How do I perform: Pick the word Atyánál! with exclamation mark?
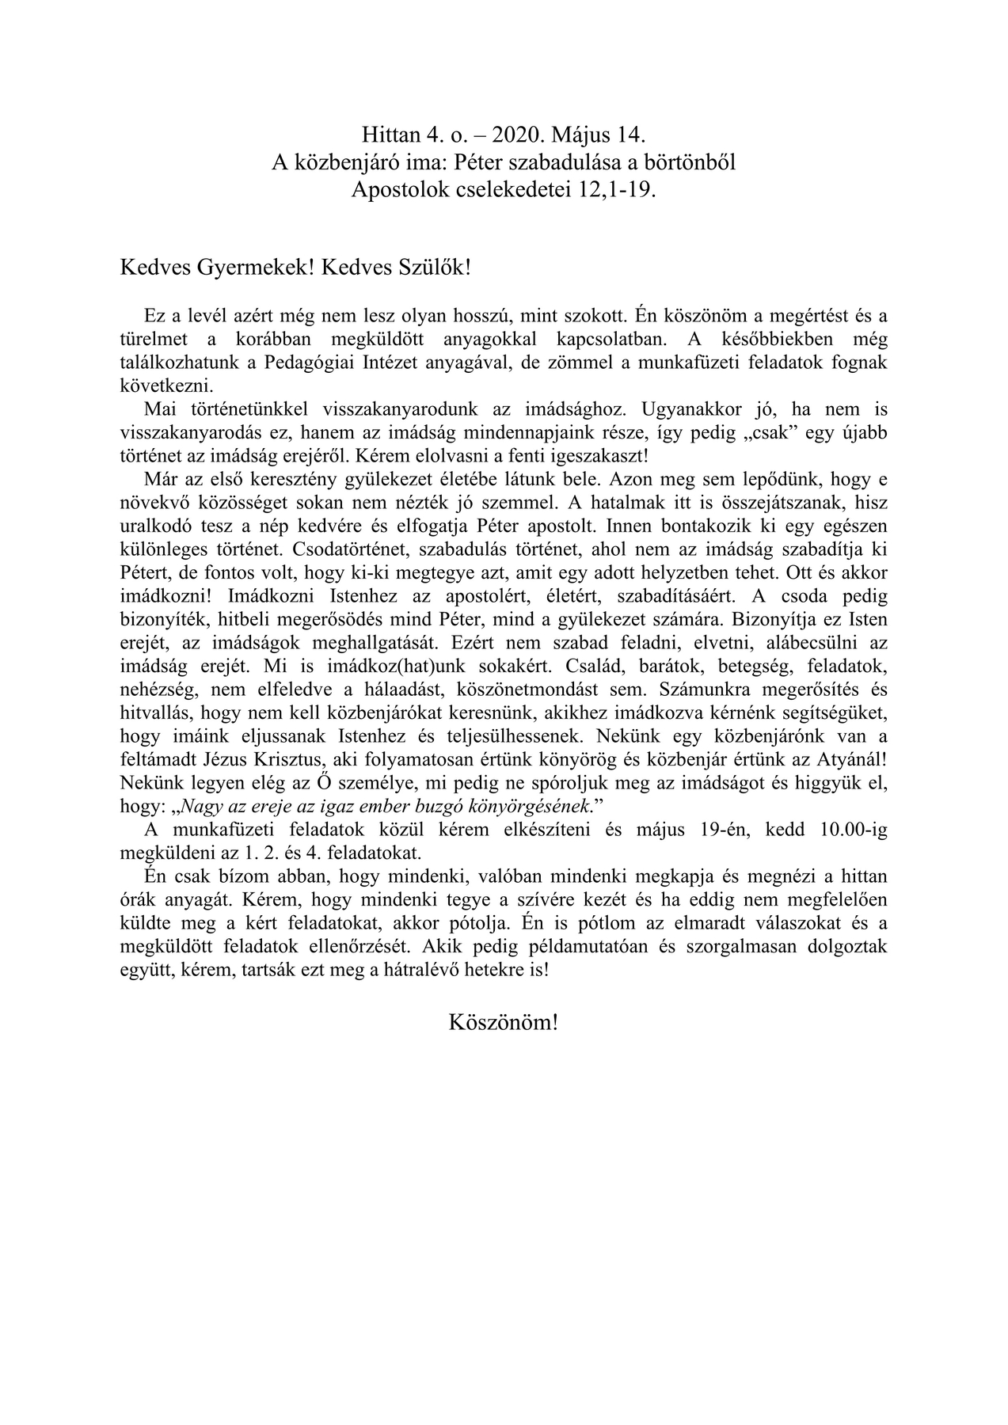(x=853, y=758)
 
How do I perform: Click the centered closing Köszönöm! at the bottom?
(x=504, y=1022)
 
